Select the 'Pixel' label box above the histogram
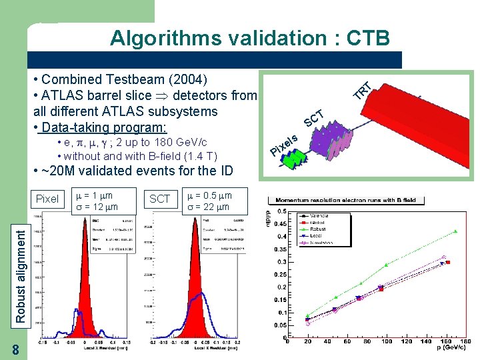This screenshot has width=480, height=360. (47, 199)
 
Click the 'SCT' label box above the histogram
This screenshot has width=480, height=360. (159, 199)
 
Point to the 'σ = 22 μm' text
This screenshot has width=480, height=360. (208, 207)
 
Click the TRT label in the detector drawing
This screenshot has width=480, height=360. (362, 89)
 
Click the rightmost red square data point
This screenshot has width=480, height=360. (448, 263)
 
